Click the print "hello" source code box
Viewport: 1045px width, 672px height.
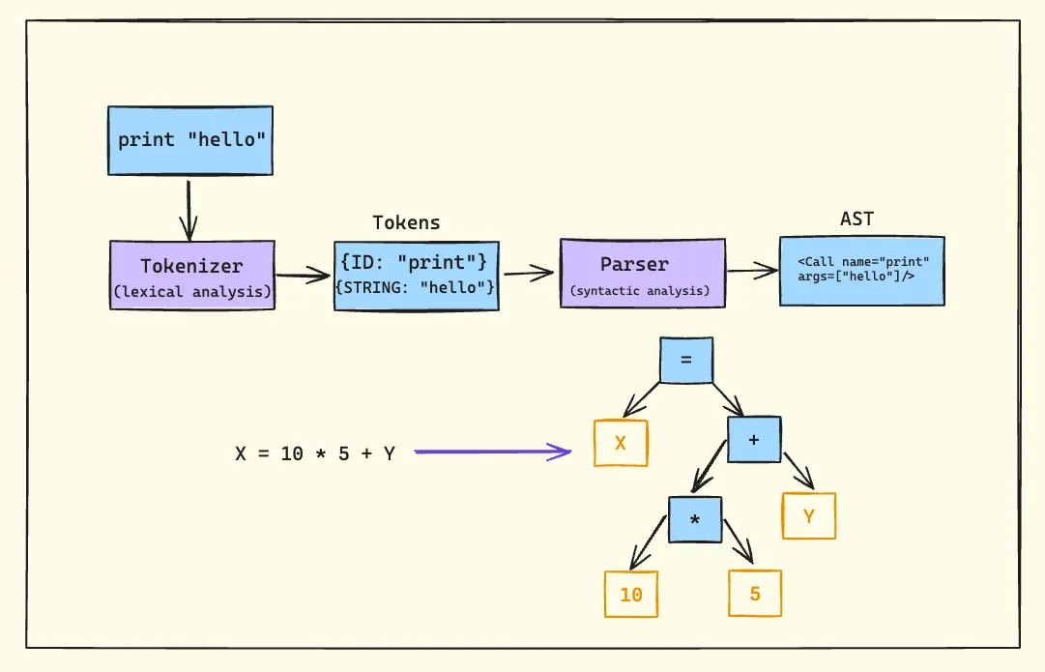190,140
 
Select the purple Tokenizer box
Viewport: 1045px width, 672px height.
191,275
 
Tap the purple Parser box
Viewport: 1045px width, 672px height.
642,274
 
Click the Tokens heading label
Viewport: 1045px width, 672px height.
406,222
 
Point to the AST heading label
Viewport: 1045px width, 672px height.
856,219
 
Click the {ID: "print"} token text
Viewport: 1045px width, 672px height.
416,262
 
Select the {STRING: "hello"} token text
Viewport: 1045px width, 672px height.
416,287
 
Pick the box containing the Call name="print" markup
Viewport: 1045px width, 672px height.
861,271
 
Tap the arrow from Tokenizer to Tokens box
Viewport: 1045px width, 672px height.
304,277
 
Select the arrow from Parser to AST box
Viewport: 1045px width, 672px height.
752,272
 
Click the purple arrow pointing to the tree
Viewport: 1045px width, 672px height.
493,452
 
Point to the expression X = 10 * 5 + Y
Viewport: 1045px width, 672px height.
315,453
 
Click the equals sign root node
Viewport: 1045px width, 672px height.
686,359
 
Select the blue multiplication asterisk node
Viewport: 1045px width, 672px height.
694,519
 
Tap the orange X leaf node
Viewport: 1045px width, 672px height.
621,443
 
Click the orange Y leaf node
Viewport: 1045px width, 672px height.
809,515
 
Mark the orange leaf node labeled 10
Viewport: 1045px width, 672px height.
630,594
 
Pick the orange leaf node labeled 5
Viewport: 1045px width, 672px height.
754,593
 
